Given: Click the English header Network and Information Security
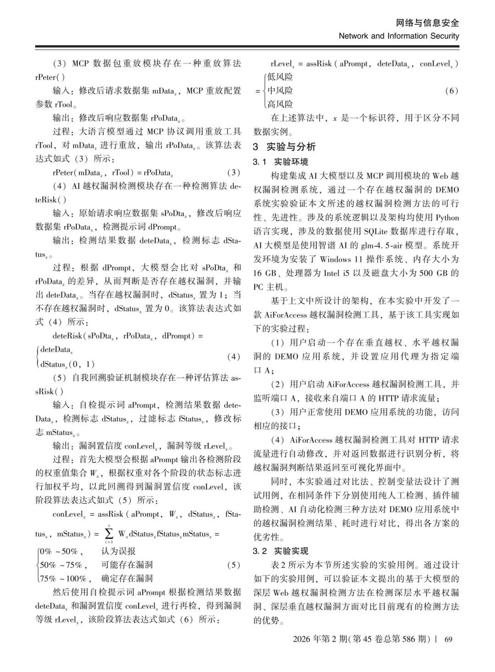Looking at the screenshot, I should click(399, 36).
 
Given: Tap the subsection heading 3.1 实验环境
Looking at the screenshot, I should click(280, 162).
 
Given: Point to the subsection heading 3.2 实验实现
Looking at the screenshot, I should click(280, 551).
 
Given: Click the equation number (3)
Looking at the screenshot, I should click(233, 173).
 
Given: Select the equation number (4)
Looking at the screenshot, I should click(233, 357).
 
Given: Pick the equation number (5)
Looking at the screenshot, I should click(233, 565).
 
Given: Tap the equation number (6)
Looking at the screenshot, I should click(451, 91).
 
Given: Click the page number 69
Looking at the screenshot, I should click(448, 639).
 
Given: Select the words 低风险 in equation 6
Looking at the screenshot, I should click(280, 77).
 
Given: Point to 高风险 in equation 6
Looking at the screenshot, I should click(280, 104).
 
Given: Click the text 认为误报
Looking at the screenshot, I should click(118, 551).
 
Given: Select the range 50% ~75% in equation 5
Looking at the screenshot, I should click(61, 565).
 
